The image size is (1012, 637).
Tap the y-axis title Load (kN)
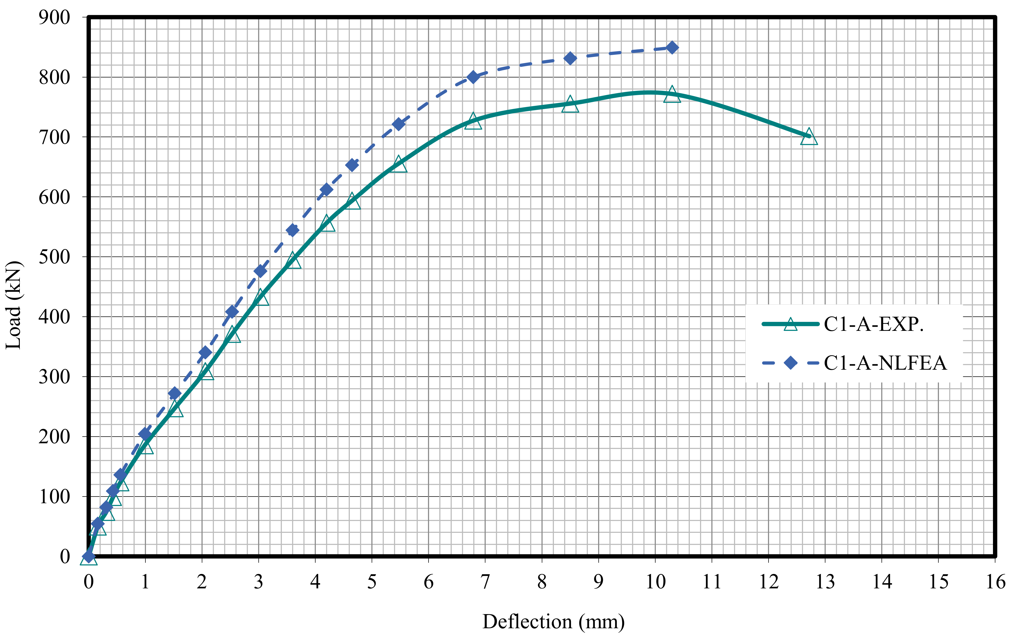click(x=13, y=305)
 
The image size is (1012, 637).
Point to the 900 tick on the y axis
click(x=55, y=18)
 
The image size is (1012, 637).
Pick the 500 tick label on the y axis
click(x=55, y=257)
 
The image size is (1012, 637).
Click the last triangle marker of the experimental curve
click(x=809, y=137)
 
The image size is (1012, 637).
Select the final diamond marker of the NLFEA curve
click(x=672, y=48)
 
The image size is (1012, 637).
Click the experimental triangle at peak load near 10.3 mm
click(x=672, y=94)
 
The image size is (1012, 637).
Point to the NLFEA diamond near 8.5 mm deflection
click(x=570, y=58)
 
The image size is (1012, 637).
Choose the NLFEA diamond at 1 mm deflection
click(x=145, y=434)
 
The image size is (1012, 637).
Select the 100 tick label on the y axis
click(x=55, y=497)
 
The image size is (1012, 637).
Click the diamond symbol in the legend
click(x=790, y=362)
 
